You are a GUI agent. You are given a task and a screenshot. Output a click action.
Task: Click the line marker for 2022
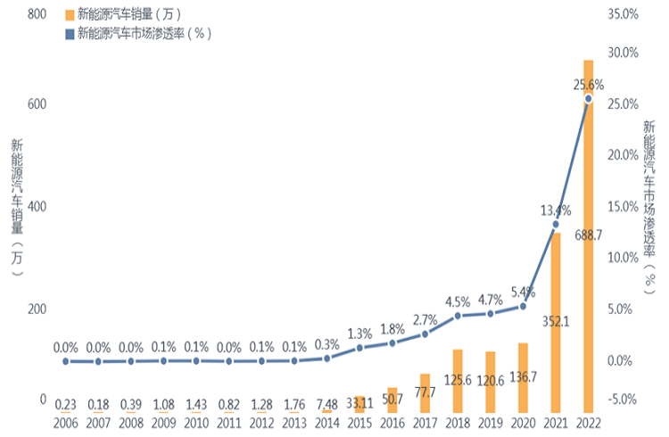click(x=588, y=98)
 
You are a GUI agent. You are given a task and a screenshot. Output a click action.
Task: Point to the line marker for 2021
click(x=555, y=224)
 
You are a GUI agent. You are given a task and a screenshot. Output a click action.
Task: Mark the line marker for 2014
click(x=326, y=358)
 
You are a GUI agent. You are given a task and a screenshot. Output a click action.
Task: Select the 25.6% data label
click(x=588, y=85)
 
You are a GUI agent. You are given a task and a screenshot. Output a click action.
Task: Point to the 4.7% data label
click(x=490, y=301)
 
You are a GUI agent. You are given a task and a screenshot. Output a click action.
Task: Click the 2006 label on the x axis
click(x=65, y=421)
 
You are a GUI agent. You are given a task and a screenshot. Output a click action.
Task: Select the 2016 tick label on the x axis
click(x=392, y=421)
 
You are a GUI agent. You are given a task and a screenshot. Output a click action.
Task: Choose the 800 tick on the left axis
click(x=37, y=14)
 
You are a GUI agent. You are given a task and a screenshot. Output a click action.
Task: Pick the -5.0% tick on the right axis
click(x=623, y=399)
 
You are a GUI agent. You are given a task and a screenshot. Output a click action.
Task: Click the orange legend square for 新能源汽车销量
click(x=70, y=14)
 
